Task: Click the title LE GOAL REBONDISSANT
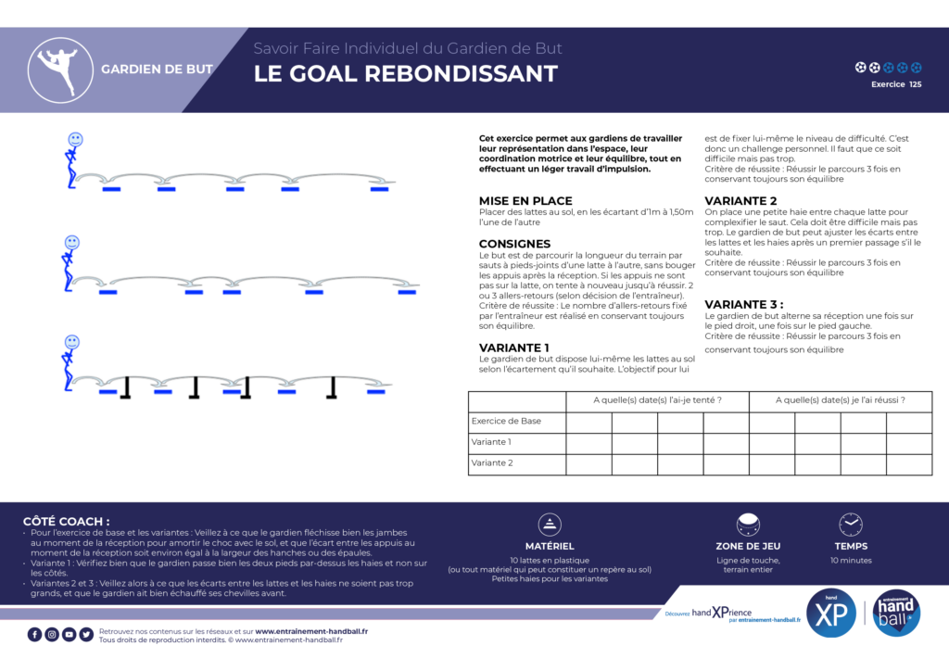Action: tap(406, 74)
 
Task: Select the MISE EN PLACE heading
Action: tap(525, 200)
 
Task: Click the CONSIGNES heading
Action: tap(514, 244)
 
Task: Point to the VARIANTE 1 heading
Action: tap(513, 348)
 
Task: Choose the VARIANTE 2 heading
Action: tap(740, 200)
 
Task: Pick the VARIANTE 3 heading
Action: tap(743, 304)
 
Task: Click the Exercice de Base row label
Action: tap(506, 421)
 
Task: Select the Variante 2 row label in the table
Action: tap(491, 462)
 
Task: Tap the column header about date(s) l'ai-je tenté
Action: tap(657, 400)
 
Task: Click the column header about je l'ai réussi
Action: tap(840, 400)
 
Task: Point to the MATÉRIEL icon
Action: tap(550, 525)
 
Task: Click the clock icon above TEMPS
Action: tap(850, 525)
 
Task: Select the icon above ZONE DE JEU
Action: tap(748, 525)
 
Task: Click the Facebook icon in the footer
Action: tap(35, 634)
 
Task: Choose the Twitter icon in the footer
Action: tap(86, 634)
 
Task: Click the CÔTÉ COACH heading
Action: tap(66, 521)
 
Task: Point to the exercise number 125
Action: tap(916, 84)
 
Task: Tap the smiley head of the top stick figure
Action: tap(75, 139)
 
